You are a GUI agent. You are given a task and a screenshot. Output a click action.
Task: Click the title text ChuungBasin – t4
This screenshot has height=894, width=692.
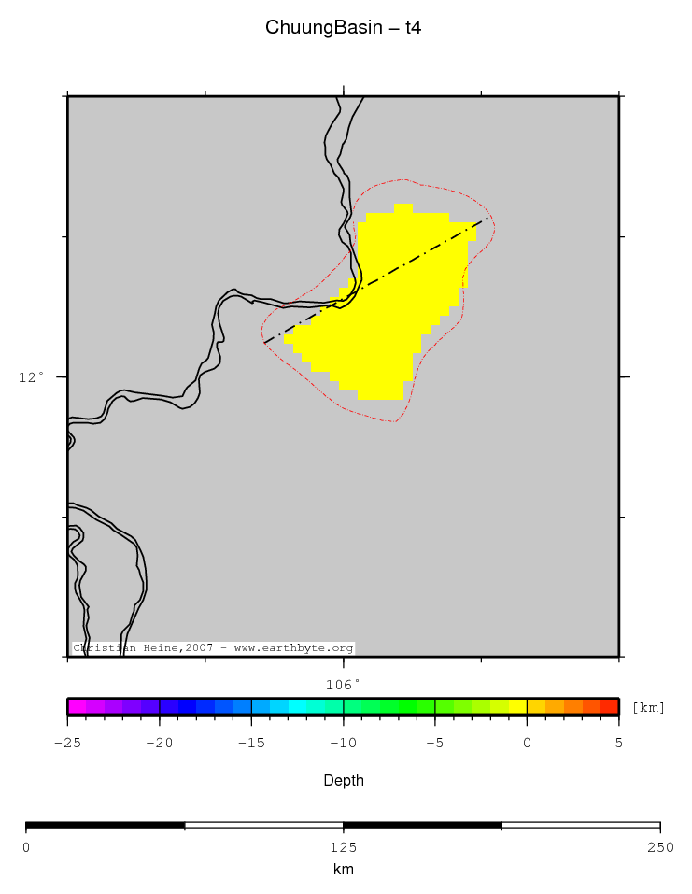point(343,28)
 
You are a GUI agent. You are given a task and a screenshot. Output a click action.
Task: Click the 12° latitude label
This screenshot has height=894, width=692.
point(31,377)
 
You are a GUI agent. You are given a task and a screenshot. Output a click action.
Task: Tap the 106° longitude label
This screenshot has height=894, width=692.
point(343,684)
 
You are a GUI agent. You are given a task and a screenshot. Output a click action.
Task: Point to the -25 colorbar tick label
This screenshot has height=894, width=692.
point(67,743)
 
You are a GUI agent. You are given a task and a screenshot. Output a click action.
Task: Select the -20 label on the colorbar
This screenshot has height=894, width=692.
point(159,743)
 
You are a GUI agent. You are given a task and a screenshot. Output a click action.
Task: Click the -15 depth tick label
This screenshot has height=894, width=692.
point(251,743)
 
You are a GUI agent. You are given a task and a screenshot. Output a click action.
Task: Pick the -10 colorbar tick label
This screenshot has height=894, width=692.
point(343,743)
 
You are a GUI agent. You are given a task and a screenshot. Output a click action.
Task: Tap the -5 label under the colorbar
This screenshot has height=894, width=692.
point(434,743)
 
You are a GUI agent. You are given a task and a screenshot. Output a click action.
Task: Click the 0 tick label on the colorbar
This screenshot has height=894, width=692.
point(527,743)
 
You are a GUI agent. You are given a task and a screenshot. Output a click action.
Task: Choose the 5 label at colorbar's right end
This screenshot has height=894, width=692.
point(618,743)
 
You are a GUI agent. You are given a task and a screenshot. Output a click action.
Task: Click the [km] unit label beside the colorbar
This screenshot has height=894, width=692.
point(648,707)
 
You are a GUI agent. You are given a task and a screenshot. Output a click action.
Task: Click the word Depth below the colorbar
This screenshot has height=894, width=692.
point(343,780)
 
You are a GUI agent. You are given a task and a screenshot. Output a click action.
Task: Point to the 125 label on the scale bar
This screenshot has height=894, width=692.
point(343,847)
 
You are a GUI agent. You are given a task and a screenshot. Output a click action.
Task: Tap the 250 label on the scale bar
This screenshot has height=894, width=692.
point(659,847)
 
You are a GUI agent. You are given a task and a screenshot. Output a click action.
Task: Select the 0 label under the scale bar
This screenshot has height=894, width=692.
point(26,847)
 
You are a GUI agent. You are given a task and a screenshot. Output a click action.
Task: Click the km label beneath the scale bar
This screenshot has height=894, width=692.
point(343,870)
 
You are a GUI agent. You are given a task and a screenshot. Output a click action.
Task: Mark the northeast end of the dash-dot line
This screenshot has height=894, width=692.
point(488,219)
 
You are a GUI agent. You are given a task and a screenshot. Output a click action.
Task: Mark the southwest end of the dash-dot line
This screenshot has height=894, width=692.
point(264,343)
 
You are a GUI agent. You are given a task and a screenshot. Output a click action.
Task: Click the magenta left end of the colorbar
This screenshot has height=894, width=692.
point(72,706)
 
